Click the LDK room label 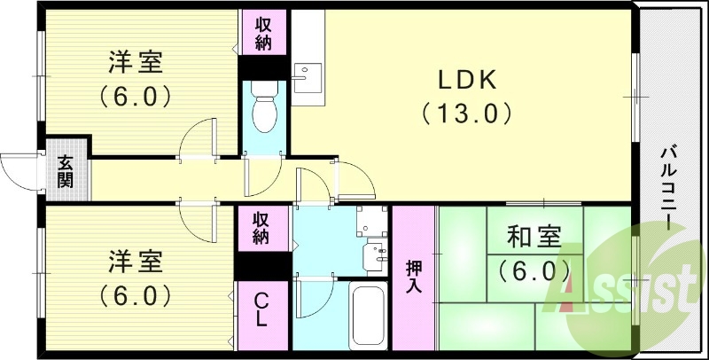[x=467, y=81]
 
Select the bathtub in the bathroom [x=370, y=316]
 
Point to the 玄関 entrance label [x=65, y=172]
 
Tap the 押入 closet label [x=413, y=277]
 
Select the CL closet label [x=261, y=310]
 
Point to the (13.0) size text [x=467, y=113]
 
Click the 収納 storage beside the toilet [x=262, y=34]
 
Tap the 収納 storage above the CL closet [x=261, y=228]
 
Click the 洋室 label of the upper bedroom [x=136, y=63]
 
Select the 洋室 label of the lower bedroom [x=136, y=262]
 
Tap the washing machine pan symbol [x=371, y=222]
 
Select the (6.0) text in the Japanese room [x=534, y=271]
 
